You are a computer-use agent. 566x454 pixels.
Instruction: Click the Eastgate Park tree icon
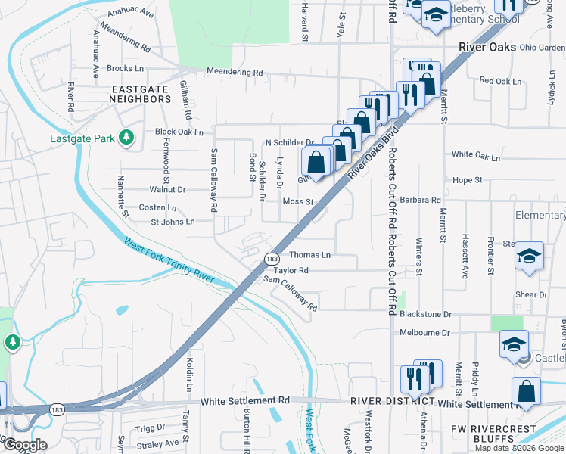click(x=128, y=137)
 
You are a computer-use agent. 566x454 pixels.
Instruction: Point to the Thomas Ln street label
click(x=310, y=256)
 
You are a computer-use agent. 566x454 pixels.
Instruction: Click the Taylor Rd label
click(x=291, y=270)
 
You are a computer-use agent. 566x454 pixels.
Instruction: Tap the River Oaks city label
click(x=487, y=47)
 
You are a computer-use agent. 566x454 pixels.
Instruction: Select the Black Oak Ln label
click(x=179, y=132)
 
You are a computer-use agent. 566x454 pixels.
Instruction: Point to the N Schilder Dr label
click(x=289, y=142)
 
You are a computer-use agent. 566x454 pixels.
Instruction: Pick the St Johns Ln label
click(x=173, y=222)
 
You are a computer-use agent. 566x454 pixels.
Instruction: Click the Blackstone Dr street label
click(x=425, y=314)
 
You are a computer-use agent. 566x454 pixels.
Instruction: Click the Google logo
click(x=24, y=445)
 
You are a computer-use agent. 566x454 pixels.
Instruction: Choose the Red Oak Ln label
click(x=501, y=81)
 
